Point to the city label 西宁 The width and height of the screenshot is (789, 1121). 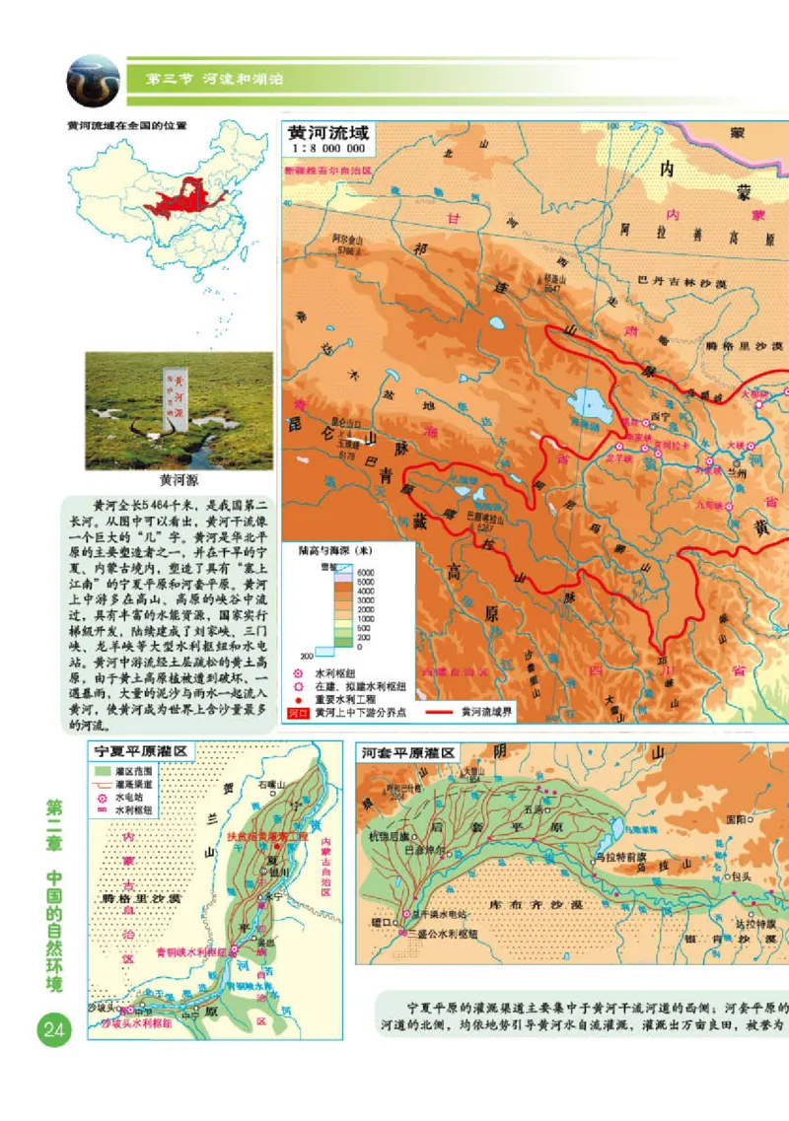pyautogui.click(x=662, y=415)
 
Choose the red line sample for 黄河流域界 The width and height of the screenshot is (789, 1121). pyautogui.click(x=445, y=710)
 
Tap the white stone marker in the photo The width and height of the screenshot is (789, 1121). pyautogui.click(x=176, y=401)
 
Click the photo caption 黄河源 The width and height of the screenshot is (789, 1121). pyautogui.click(x=179, y=480)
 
